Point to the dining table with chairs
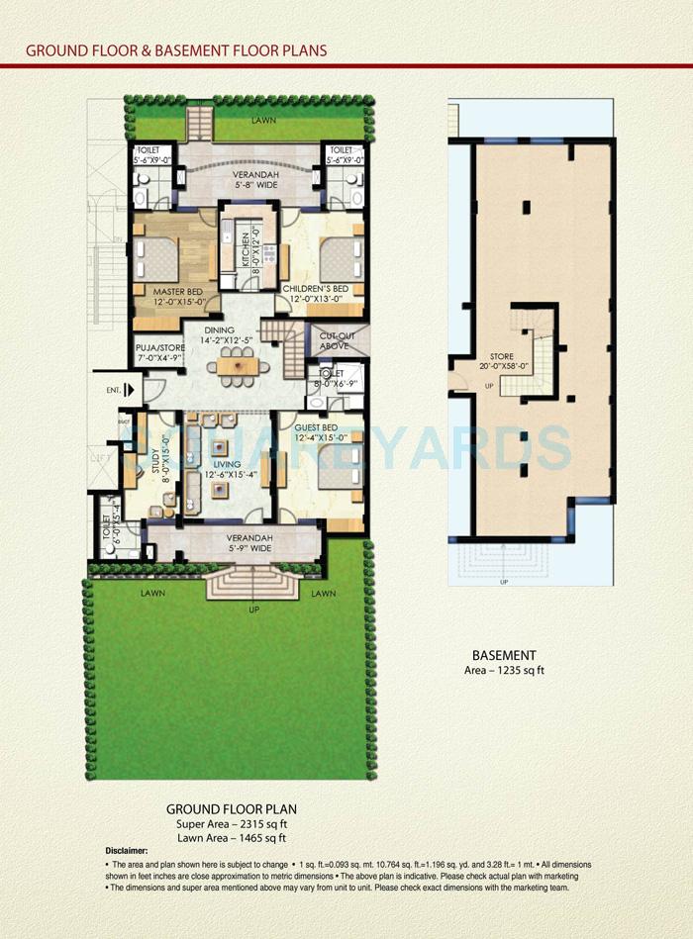(x=237, y=367)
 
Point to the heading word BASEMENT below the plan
(x=504, y=655)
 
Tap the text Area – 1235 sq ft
(x=504, y=671)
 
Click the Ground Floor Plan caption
(x=231, y=809)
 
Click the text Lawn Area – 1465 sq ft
(x=232, y=837)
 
